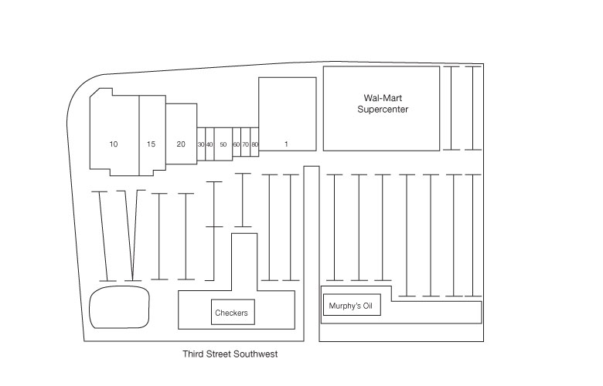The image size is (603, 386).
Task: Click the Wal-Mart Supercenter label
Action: pyautogui.click(x=383, y=103)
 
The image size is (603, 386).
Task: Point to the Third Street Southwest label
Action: pyautogui.click(x=230, y=355)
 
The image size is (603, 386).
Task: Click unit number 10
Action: pyautogui.click(x=114, y=144)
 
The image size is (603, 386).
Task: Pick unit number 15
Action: pyautogui.click(x=151, y=144)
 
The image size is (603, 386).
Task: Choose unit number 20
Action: pyautogui.click(x=181, y=144)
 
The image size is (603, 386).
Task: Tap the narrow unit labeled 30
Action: pyautogui.click(x=201, y=144)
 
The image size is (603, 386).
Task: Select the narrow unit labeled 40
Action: pyautogui.click(x=210, y=144)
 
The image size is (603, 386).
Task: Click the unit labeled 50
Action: pyautogui.click(x=223, y=144)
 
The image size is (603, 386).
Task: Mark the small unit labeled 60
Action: pyautogui.click(x=236, y=144)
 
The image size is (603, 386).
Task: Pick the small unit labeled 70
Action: pyautogui.click(x=245, y=144)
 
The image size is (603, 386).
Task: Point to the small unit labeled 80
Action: pyautogui.click(x=254, y=144)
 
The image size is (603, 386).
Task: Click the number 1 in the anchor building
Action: pyautogui.click(x=286, y=144)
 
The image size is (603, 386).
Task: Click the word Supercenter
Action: pyautogui.click(x=383, y=110)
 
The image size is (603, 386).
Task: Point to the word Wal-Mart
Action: pyautogui.click(x=383, y=98)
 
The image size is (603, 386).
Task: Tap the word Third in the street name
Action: pyautogui.click(x=193, y=355)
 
